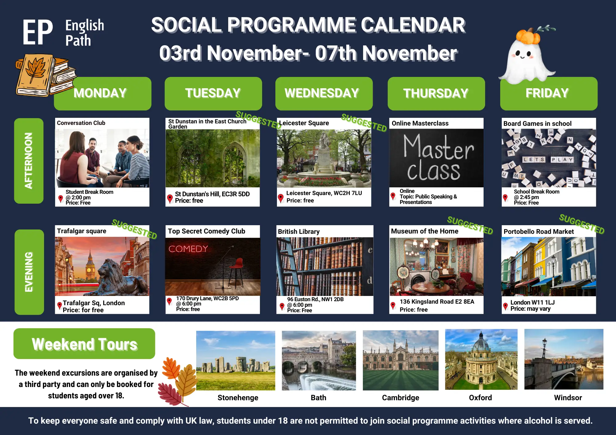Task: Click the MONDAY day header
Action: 103,94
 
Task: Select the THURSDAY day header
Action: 436,94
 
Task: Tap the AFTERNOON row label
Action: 29,161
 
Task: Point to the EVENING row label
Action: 29,272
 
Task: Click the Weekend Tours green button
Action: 84,344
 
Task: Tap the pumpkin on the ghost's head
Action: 528,37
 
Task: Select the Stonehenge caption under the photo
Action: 238,398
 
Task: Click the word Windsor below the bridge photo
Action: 568,398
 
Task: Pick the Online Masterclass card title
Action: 420,123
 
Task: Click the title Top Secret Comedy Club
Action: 206,231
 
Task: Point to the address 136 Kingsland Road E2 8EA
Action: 437,302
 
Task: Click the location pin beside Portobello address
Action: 505,306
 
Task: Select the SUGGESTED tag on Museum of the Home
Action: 470,225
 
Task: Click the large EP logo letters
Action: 38,32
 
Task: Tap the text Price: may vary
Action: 530,309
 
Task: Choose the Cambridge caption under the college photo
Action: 400,398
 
